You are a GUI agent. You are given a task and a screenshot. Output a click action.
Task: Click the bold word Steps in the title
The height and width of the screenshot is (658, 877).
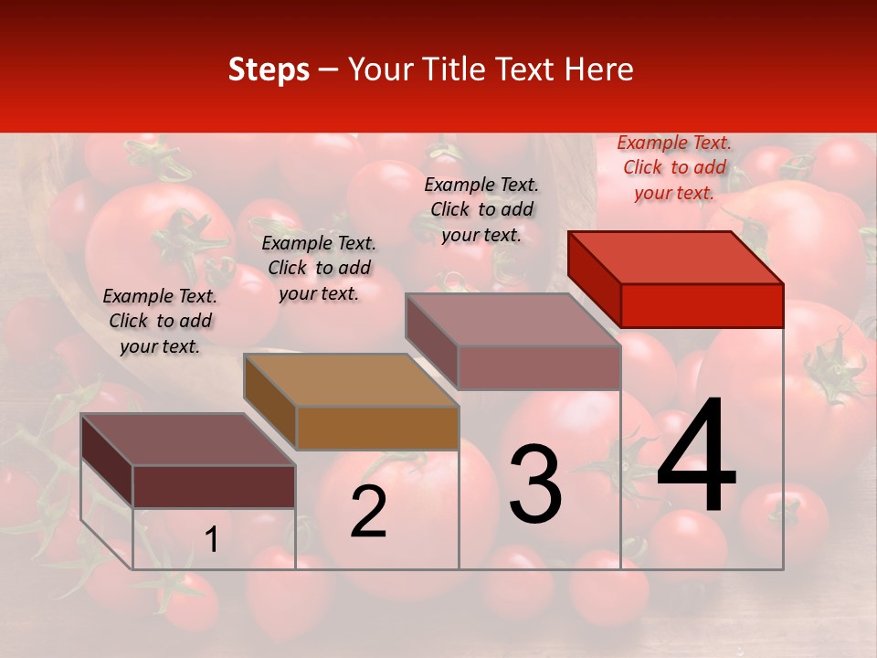[x=269, y=69]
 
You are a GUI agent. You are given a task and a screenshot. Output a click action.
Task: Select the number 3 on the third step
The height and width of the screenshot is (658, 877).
[x=535, y=484]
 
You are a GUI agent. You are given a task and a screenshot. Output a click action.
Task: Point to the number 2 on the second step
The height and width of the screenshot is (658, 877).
[x=368, y=512]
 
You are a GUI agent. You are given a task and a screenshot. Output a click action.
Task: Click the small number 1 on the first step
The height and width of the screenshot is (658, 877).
[x=212, y=540]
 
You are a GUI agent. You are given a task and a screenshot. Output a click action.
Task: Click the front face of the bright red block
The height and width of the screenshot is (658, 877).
[x=702, y=305]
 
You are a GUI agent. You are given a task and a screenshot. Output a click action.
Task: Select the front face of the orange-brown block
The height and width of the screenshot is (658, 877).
[x=377, y=428]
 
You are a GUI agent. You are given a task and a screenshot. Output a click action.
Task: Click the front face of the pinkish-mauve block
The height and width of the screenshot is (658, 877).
[x=539, y=367]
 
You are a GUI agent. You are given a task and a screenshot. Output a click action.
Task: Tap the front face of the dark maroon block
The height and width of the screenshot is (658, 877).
[x=214, y=486]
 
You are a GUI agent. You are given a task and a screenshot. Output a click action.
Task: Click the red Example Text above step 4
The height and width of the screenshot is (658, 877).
[x=674, y=167]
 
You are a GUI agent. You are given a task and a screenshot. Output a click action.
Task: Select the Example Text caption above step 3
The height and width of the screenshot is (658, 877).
[x=481, y=209]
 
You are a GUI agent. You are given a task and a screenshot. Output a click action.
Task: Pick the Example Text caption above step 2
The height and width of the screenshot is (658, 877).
[x=319, y=268]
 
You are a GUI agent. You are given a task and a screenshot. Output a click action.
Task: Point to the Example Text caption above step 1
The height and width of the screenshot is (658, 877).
[x=160, y=321]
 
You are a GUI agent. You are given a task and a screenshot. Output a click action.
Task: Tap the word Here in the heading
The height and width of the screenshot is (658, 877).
[x=600, y=69]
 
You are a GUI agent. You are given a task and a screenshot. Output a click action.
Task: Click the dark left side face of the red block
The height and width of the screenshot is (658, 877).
[x=594, y=279]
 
